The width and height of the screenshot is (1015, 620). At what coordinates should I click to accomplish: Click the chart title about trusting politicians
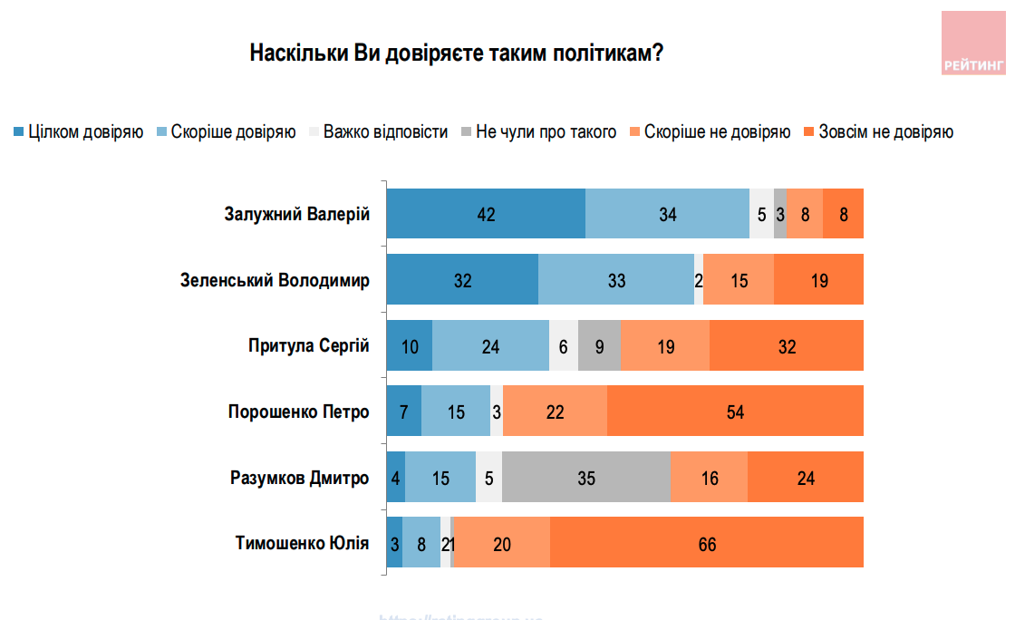tap(456, 53)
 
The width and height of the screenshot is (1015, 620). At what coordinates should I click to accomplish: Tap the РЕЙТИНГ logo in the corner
tap(973, 44)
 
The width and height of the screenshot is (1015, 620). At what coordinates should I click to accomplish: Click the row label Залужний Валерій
tap(296, 215)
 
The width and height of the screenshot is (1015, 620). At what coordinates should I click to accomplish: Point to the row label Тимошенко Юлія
tap(302, 543)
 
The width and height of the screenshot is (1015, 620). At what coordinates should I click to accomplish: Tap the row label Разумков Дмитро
tap(299, 478)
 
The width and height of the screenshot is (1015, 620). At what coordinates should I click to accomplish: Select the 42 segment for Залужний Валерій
tap(486, 215)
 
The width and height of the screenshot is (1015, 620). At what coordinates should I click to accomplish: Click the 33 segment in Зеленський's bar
tap(616, 280)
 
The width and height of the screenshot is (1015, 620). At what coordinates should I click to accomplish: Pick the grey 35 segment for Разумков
tap(585, 478)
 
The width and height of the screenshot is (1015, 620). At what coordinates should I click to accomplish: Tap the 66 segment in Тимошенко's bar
tap(707, 544)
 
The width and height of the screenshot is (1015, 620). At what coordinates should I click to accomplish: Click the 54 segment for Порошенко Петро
tap(735, 412)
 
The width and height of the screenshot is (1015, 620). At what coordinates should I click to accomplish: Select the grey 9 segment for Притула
tap(600, 346)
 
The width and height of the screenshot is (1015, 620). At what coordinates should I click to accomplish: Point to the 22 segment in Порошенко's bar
tap(555, 412)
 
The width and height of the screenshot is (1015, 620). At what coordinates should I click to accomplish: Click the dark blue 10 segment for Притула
tap(410, 346)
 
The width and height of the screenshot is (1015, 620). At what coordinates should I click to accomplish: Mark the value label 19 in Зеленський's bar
tap(819, 281)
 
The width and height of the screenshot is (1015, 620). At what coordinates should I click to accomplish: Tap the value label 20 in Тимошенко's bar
tap(502, 544)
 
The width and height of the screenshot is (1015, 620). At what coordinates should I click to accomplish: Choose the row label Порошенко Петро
tap(298, 412)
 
